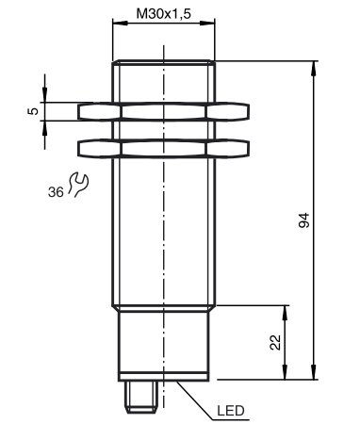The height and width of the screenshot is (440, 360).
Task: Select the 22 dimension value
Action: [x=275, y=341]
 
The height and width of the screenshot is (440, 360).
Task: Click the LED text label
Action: [x=232, y=412]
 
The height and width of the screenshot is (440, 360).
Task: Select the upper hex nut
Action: [x=165, y=112]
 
